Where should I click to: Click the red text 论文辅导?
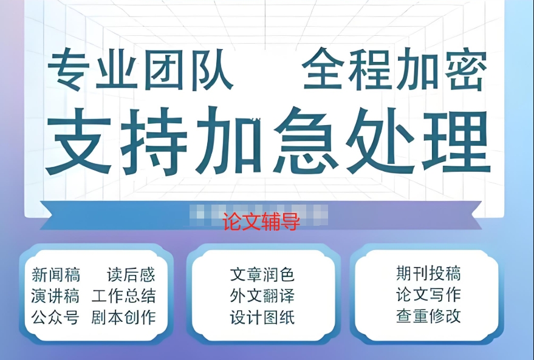pyautogui.click(x=261, y=222)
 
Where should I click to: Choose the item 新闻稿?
pyautogui.click(x=55, y=275)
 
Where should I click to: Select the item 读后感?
pyautogui.click(x=131, y=275)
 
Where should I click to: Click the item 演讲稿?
pyautogui.click(x=55, y=296)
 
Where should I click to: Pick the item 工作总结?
pyautogui.click(x=124, y=296)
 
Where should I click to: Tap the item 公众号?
pyautogui.click(x=55, y=318)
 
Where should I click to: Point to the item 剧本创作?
pyautogui.click(x=124, y=318)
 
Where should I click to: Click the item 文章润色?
pyautogui.click(x=262, y=275)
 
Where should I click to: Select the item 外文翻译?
pyautogui.click(x=262, y=296)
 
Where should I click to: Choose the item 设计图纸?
pyautogui.click(x=262, y=318)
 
